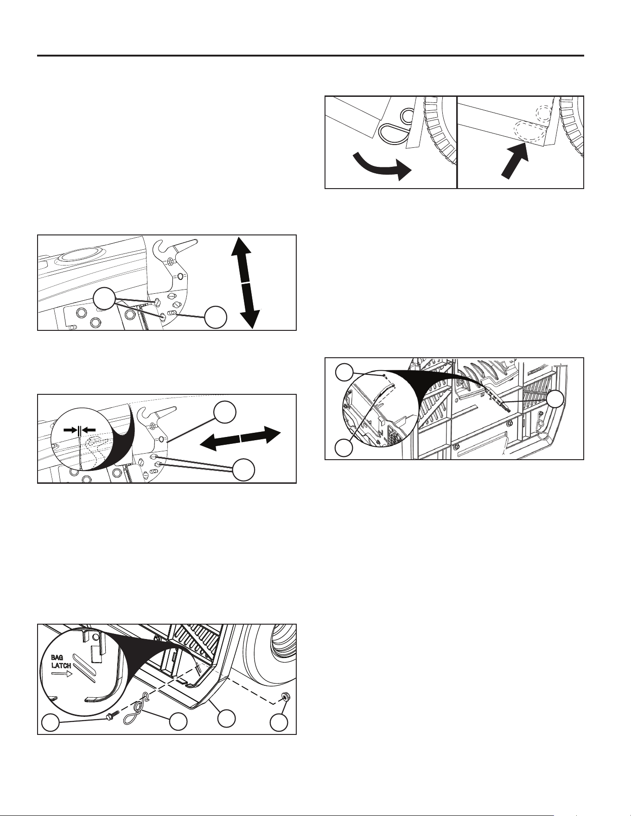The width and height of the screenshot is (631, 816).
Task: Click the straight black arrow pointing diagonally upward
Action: [x=515, y=160]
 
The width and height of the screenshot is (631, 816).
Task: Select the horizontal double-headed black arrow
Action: [x=240, y=438]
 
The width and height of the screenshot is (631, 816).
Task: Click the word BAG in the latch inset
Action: [x=57, y=658]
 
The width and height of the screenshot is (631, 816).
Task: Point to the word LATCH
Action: [x=61, y=666]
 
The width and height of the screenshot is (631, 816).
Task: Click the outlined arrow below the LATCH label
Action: [x=60, y=675]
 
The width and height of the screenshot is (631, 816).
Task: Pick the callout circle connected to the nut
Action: [x=279, y=722]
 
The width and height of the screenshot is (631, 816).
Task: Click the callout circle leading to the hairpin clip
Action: [x=178, y=722]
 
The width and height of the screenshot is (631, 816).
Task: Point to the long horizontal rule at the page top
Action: [x=310, y=56]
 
